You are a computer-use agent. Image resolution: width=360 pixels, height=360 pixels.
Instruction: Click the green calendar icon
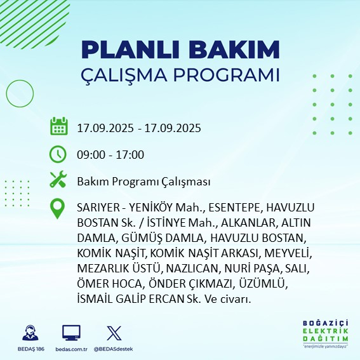click(58, 126)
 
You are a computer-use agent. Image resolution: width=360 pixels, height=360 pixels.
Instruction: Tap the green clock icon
click(58, 154)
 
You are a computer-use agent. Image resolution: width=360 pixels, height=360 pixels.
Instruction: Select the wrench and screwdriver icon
click(58, 180)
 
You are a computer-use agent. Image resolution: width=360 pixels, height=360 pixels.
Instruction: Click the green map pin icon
click(58, 209)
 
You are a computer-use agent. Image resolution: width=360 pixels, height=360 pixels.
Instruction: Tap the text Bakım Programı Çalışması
click(143, 182)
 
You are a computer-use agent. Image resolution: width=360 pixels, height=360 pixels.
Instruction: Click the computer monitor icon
click(71, 333)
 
